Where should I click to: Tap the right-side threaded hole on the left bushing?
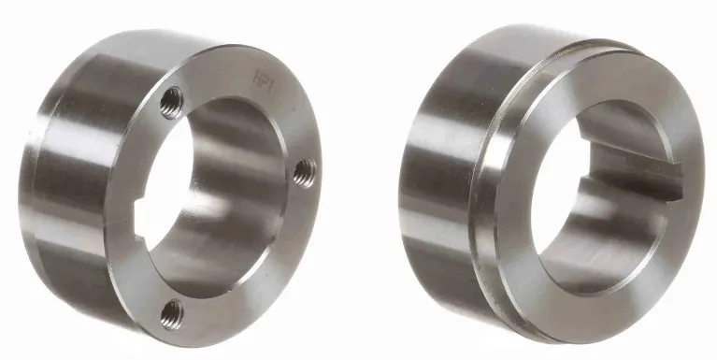click(x=304, y=170)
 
